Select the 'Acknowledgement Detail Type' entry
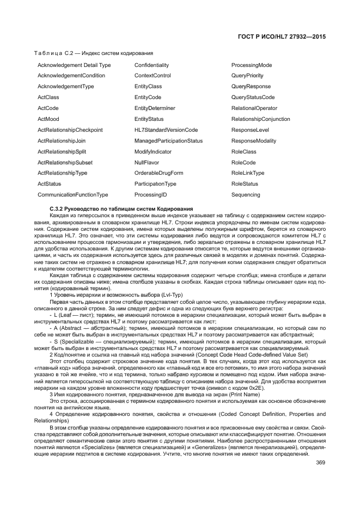[74, 65]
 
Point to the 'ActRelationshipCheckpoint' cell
[70, 130]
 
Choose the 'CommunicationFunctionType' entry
[72, 195]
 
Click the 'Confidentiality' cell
[151, 65]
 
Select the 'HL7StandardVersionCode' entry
[166, 130]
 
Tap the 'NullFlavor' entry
[147, 162]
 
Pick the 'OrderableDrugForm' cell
[158, 173]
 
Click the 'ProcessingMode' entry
[252, 65]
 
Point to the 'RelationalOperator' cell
[254, 108]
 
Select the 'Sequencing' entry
[246, 195]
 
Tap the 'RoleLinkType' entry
[248, 173]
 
